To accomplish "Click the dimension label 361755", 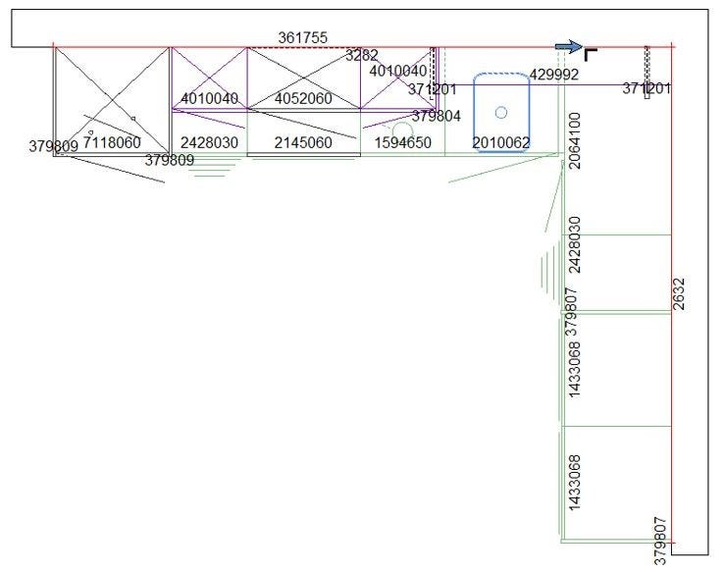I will tap(302, 37).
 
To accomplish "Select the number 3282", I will tap(361, 56).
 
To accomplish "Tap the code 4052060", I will tap(303, 98).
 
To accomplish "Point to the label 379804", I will tap(436, 116).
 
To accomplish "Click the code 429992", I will tap(553, 75).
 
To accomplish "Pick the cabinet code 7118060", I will tap(112, 142).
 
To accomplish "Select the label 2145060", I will tap(303, 142).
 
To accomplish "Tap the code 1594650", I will tap(402, 142).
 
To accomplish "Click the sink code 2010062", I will tap(501, 142).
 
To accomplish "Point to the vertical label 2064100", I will tap(576, 140).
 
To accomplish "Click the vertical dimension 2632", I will tap(680, 294).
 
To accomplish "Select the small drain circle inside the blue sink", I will tap(501, 112).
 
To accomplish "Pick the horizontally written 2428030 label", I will tap(209, 142).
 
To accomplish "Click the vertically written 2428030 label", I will tap(576, 245).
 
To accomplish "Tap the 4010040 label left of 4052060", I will tap(209, 98).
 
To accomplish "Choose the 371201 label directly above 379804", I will tap(433, 89).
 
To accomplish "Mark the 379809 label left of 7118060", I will tap(53, 147).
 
